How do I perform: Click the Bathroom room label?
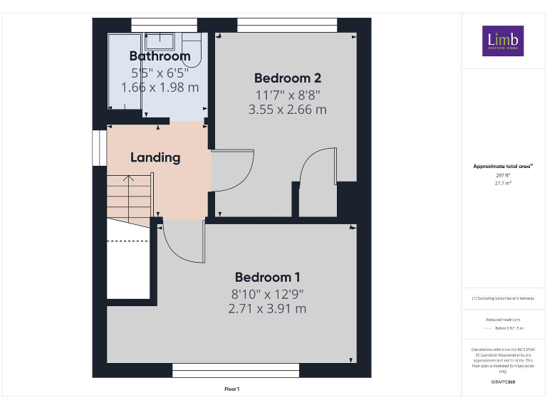[160, 56]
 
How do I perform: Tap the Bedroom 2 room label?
[283, 78]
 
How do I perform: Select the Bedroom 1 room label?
[267, 277]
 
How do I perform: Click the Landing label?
[155, 157]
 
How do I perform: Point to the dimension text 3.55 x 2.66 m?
[287, 110]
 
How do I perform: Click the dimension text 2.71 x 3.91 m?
[267, 309]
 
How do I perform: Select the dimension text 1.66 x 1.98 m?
[160, 87]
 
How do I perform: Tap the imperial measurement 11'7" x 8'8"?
[287, 94]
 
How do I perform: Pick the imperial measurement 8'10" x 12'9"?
[267, 293]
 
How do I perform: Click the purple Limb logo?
[503, 41]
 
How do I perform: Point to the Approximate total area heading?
[503, 166]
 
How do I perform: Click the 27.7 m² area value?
[503, 183]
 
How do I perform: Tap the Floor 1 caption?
[231, 389]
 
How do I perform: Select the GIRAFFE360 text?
[503, 382]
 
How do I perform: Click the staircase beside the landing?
[130, 199]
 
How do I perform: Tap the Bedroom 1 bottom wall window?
[236, 370]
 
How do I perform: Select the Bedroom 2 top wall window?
[286, 25]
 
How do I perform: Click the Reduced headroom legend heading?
[503, 320]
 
